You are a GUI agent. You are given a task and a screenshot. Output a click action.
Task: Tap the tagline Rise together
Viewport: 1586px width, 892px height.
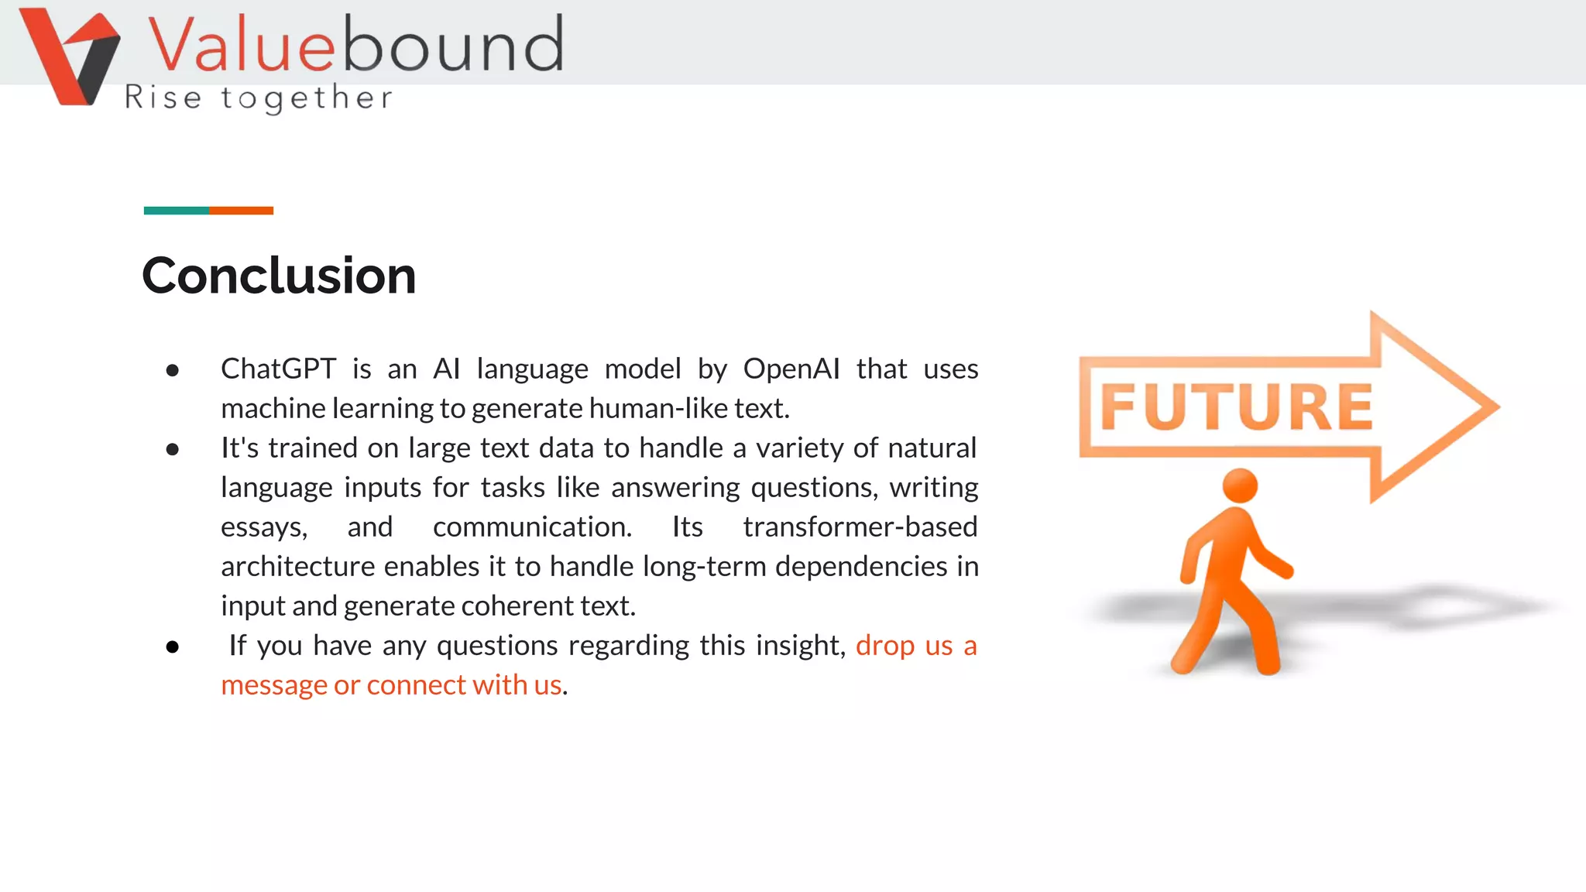click(259, 98)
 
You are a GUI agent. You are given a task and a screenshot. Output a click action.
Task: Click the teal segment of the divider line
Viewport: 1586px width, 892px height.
click(176, 211)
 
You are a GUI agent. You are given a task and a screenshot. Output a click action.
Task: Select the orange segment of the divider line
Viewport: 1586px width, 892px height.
click(241, 211)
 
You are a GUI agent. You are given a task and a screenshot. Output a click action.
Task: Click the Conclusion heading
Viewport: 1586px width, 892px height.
click(279, 276)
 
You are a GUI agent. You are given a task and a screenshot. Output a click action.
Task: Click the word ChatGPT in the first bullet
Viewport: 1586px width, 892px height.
click(278, 369)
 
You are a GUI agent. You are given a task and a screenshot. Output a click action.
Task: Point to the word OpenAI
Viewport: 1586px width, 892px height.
click(791, 369)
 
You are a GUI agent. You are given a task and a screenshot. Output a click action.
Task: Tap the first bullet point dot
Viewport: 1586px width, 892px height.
click(173, 371)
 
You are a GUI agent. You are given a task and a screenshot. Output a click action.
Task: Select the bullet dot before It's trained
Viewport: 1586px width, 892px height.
click(173, 449)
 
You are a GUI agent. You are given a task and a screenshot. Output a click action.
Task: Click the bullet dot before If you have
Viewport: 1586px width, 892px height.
click(173, 647)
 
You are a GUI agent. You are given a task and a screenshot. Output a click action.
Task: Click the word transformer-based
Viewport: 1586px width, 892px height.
click(860, 527)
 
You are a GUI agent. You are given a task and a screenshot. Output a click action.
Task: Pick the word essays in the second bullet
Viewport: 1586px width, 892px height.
click(263, 527)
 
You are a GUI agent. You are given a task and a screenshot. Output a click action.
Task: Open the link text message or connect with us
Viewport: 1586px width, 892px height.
click(391, 685)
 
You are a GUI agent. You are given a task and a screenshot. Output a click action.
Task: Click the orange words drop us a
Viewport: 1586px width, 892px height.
click(915, 646)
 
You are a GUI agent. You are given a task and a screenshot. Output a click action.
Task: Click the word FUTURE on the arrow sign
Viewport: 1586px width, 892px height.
click(1236, 407)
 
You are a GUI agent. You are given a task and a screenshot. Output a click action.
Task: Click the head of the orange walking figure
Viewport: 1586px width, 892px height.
click(1240, 486)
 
